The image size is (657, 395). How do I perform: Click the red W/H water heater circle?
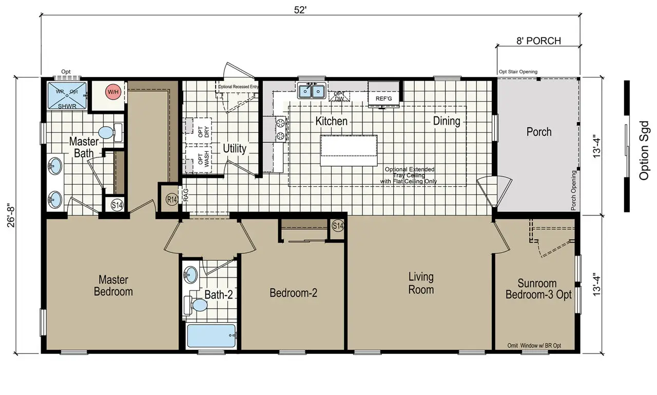coord(112,92)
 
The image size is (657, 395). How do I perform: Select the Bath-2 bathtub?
coord(211,337)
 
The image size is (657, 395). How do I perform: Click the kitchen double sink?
coord(312,91)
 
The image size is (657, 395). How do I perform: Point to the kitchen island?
coord(349,150)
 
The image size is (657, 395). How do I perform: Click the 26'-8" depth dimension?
coord(20,215)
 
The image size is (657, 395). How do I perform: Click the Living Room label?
coord(421,283)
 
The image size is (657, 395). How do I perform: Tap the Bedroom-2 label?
coord(294,293)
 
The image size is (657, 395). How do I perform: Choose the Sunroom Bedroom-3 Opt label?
coord(537,289)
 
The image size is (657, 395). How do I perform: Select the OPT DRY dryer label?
coord(204,132)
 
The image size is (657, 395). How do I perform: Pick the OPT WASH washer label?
coord(204,160)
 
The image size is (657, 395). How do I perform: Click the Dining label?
coord(447,121)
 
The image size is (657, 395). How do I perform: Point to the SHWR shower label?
coord(66,106)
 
